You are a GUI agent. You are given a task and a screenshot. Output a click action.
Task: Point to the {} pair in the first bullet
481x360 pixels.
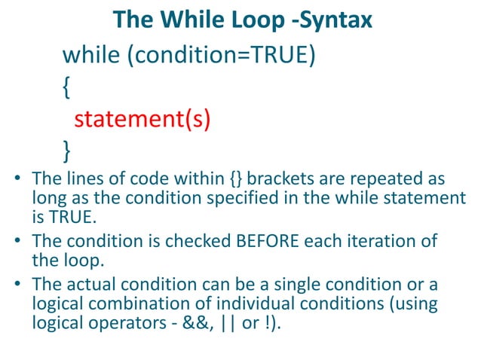click(235, 181)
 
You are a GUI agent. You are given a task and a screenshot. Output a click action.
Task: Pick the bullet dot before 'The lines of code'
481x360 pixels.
click(18, 182)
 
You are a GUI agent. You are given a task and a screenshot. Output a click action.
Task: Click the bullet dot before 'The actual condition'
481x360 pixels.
click(18, 286)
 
